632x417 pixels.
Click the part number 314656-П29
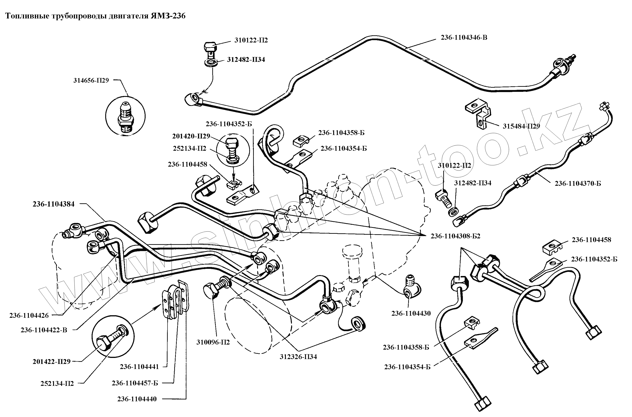91,80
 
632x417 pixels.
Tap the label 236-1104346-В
464,37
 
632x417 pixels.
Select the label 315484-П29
521,126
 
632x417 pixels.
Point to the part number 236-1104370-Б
578,183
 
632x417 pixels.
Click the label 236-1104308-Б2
455,236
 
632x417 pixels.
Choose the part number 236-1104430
411,314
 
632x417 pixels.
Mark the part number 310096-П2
213,342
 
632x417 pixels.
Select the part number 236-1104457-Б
135,383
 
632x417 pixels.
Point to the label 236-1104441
139,367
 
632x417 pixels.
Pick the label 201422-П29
52,362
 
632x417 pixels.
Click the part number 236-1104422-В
44,330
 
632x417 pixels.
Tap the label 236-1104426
29,316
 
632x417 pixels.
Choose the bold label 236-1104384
54,204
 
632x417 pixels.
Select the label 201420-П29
191,136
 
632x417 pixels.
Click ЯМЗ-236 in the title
168,16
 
